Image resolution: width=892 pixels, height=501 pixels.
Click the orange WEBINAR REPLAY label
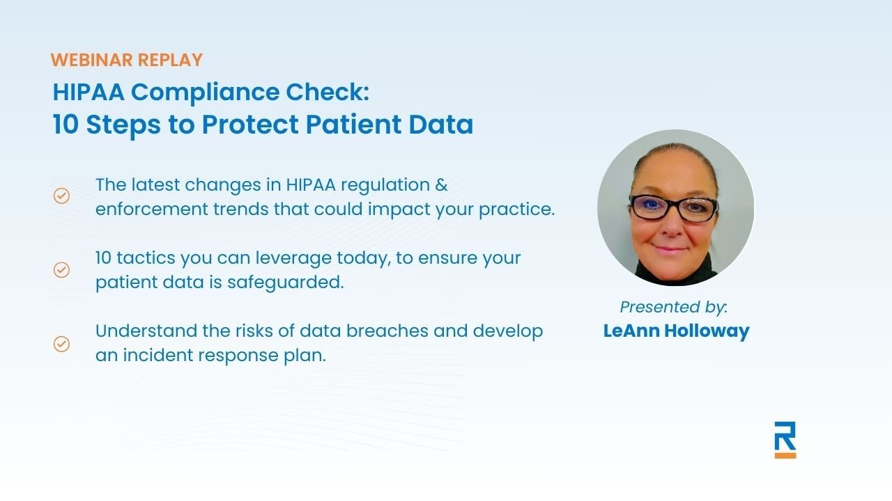click(126, 60)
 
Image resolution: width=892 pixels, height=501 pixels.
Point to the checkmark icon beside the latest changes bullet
click(62, 196)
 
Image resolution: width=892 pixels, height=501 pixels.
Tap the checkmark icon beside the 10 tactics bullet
click(62, 269)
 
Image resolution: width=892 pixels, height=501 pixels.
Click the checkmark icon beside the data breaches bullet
click(62, 343)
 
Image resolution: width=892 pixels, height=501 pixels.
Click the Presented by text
click(673, 307)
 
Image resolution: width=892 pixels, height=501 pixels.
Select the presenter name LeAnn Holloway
click(676, 331)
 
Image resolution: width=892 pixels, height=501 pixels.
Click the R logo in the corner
click(785, 436)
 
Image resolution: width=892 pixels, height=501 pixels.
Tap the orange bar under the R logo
click(785, 455)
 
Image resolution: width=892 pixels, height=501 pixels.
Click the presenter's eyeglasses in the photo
click(673, 207)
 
